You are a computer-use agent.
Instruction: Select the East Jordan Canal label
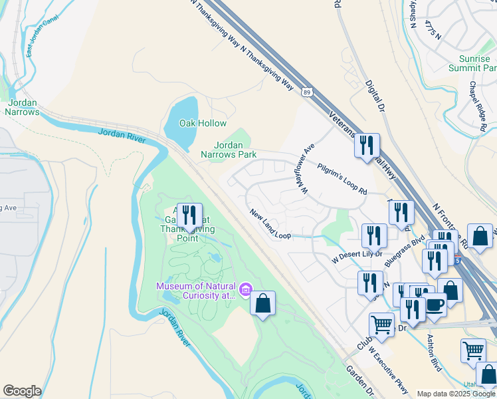point(38,42)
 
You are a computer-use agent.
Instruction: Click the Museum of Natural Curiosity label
point(196,291)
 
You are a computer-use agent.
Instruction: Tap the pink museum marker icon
point(246,289)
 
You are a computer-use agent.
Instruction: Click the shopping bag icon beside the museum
point(263,303)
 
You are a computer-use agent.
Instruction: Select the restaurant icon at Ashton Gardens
point(189,214)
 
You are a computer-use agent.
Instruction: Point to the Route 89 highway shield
point(306,91)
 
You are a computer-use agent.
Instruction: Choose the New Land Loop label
point(270,225)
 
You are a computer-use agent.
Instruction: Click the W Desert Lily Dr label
point(357,254)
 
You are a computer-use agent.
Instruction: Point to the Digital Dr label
point(375,96)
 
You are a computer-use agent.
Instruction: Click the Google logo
point(22,391)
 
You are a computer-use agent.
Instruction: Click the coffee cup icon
point(435,305)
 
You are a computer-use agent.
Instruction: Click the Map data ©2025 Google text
point(455,394)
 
